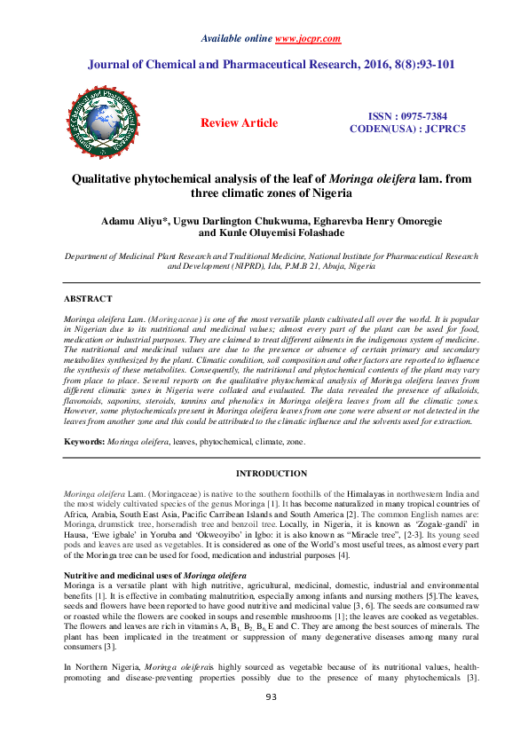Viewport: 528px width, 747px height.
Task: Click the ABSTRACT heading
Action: (88, 299)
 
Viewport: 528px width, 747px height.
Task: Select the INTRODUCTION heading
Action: (269, 474)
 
